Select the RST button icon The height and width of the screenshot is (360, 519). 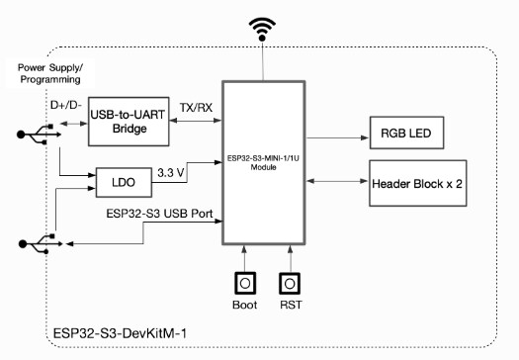coord(289,284)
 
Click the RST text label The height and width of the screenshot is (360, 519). coord(289,307)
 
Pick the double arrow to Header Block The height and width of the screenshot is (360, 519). coord(336,180)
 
